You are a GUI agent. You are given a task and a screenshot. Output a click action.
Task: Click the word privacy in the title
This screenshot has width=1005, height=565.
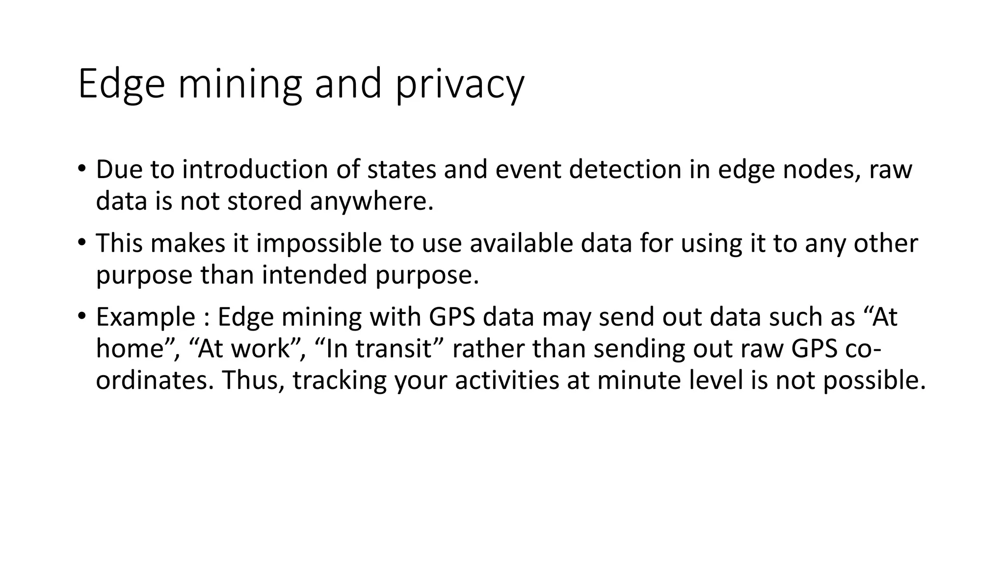point(460,84)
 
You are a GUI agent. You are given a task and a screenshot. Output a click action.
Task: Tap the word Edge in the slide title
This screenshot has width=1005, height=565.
point(121,84)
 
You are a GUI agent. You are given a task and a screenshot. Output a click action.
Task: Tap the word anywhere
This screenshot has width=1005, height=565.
point(372,201)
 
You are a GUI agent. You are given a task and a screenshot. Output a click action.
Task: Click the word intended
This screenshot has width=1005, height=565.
point(314,275)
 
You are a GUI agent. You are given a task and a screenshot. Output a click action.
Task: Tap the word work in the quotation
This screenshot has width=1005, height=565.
point(259,349)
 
